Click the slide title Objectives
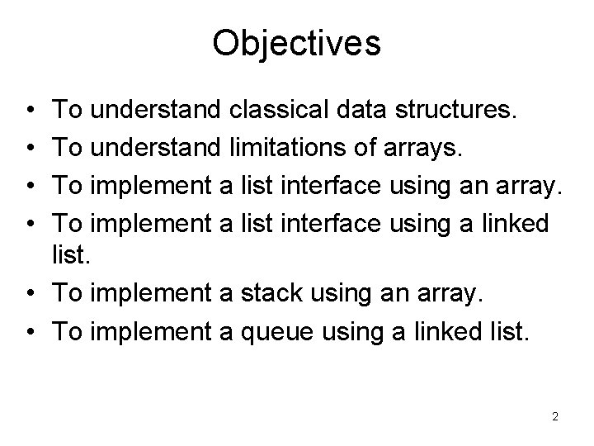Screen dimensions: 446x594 296,44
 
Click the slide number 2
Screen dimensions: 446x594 555,417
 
